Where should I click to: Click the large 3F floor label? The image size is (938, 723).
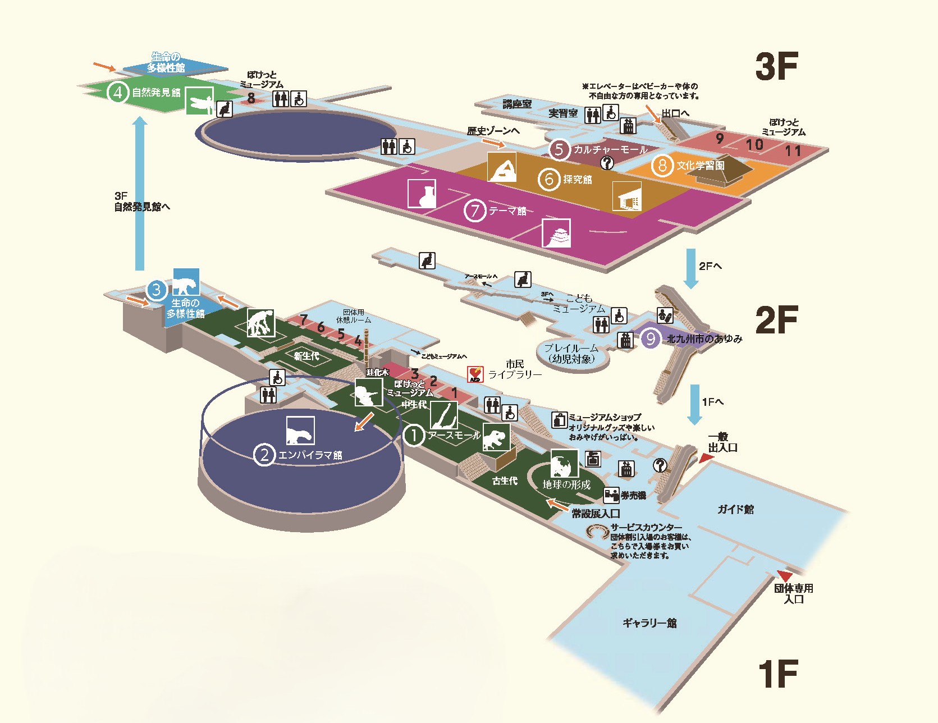[776, 67]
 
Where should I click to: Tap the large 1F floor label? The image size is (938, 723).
[777, 674]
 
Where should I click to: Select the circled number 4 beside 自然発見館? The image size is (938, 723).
[117, 92]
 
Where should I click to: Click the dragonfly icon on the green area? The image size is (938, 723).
[199, 101]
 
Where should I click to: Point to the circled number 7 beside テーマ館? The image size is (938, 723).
[475, 211]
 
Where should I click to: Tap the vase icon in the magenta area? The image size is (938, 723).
[422, 194]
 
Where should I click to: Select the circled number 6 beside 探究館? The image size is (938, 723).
[549, 180]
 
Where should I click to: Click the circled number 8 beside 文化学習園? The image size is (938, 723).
[662, 166]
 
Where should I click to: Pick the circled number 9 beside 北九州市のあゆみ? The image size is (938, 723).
[650, 338]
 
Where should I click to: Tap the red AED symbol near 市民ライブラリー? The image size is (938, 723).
[475, 374]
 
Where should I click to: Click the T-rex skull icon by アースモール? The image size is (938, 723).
[496, 437]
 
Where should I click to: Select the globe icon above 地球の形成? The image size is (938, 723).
[564, 464]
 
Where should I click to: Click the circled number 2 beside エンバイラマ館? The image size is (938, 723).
[264, 455]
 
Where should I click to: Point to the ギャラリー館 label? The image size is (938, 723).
[649, 623]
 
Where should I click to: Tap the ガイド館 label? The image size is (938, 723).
[735, 509]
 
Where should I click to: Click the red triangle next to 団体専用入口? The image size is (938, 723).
[784, 576]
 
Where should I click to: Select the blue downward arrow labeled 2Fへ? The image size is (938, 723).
[691, 268]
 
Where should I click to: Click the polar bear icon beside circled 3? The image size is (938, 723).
[186, 282]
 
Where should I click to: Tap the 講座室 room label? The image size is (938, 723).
[517, 104]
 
